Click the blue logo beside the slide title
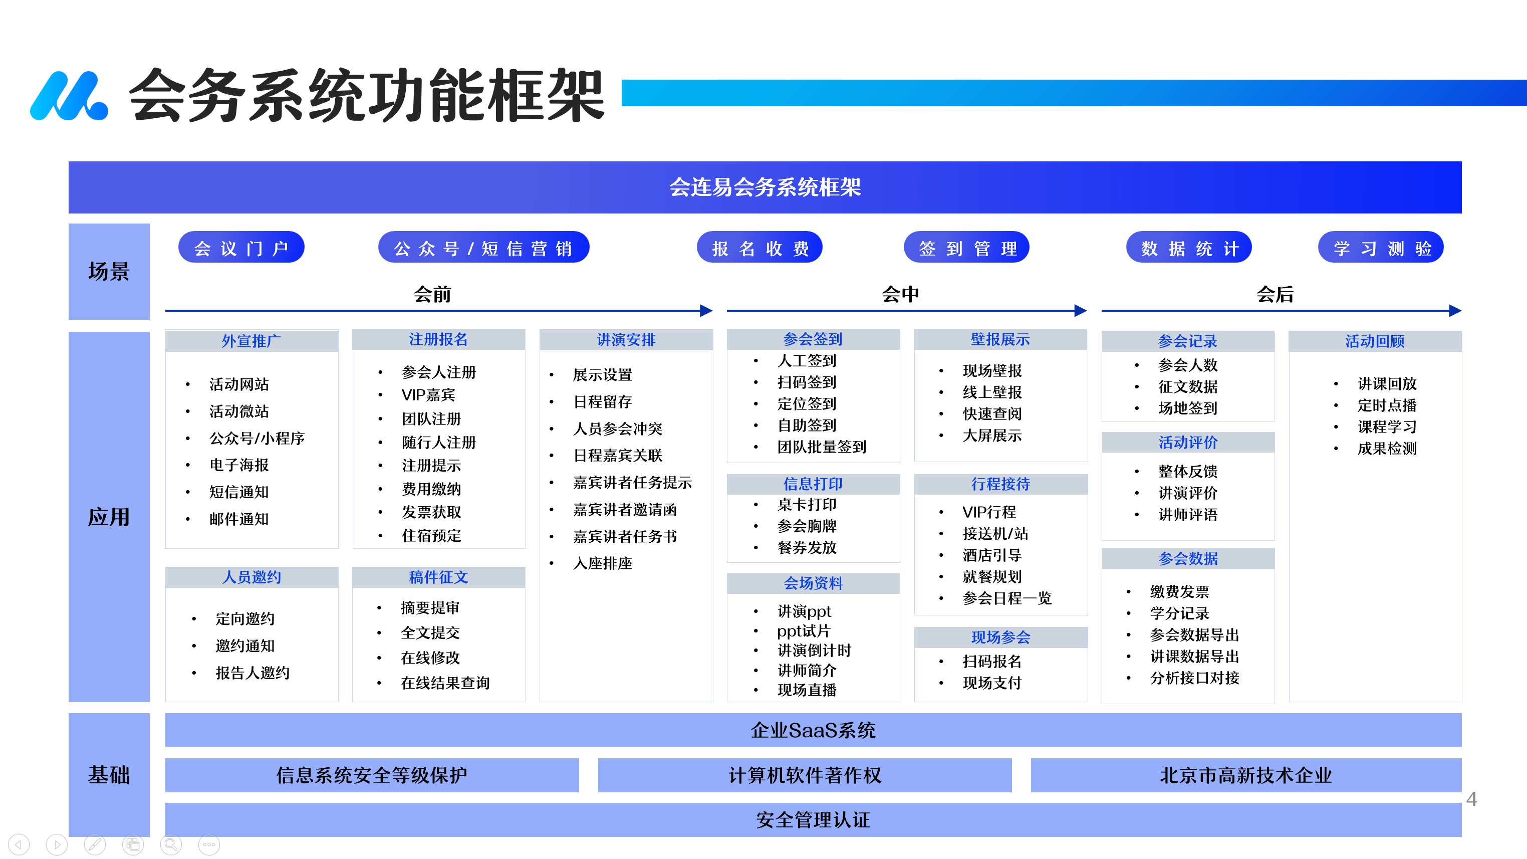click(x=69, y=96)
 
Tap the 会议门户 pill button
click(x=241, y=247)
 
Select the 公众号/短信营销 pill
click(x=484, y=247)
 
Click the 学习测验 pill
click(x=1381, y=247)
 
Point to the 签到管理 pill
click(x=966, y=247)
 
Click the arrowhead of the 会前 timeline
click(x=706, y=310)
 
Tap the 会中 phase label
click(x=900, y=294)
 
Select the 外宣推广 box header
click(x=251, y=341)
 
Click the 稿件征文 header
click(x=439, y=577)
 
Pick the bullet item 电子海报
click(x=239, y=465)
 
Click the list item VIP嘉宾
click(x=428, y=395)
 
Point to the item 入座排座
click(x=602, y=563)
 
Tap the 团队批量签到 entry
click(x=822, y=447)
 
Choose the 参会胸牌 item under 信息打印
click(x=807, y=526)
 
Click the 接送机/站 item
click(x=995, y=534)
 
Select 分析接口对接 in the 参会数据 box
click(x=1194, y=678)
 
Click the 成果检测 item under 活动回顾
click(x=1387, y=448)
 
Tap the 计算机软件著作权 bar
click(x=805, y=775)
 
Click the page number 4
click(x=1471, y=799)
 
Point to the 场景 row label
click(x=109, y=272)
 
